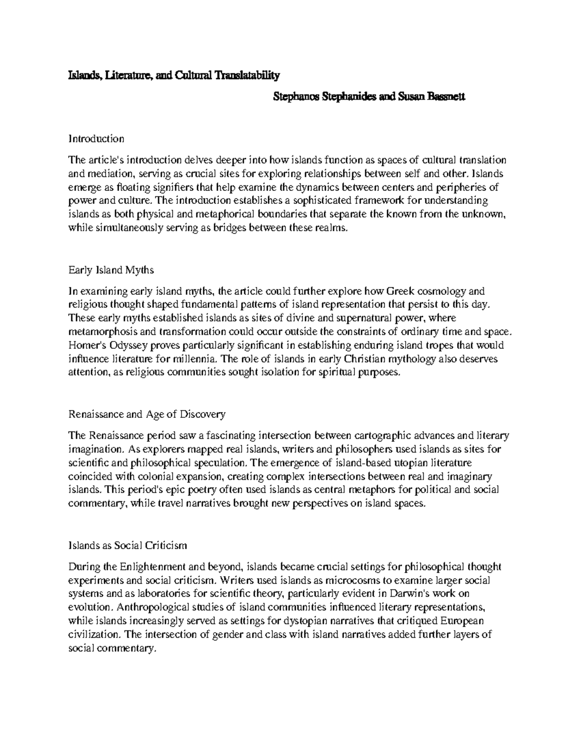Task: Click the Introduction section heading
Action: tap(96, 139)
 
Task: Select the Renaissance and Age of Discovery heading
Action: tap(147, 414)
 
